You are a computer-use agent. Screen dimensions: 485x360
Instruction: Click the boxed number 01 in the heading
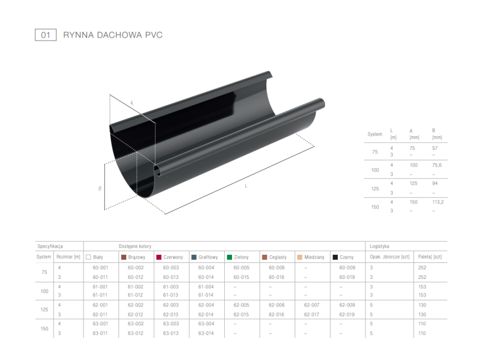(45, 35)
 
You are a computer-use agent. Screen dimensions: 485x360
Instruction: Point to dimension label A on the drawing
(132, 103)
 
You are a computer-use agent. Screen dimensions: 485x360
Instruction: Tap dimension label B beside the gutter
(100, 189)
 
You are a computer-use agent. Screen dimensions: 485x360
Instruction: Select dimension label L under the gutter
(246, 186)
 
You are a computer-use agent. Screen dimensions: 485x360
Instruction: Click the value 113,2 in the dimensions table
(438, 202)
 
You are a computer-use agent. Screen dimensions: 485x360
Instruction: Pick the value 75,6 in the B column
(436, 165)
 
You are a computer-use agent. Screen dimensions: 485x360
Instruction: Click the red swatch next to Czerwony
(159, 257)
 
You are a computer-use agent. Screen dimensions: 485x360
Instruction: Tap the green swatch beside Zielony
(229, 257)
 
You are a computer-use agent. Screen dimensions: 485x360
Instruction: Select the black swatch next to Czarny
(335, 257)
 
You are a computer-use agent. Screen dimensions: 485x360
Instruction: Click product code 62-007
(311, 305)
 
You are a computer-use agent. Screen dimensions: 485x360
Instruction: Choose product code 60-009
(347, 267)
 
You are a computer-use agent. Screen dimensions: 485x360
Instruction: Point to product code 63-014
(206, 333)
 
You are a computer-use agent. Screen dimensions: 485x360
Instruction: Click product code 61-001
(100, 287)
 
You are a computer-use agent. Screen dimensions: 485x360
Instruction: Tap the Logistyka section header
(379, 246)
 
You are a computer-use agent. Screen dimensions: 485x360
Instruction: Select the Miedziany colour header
(314, 257)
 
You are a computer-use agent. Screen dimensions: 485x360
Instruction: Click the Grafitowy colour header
(208, 257)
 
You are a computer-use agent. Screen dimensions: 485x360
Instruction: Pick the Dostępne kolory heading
(135, 246)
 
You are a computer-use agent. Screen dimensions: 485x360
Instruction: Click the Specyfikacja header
(50, 246)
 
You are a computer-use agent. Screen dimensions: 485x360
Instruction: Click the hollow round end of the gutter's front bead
(158, 170)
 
